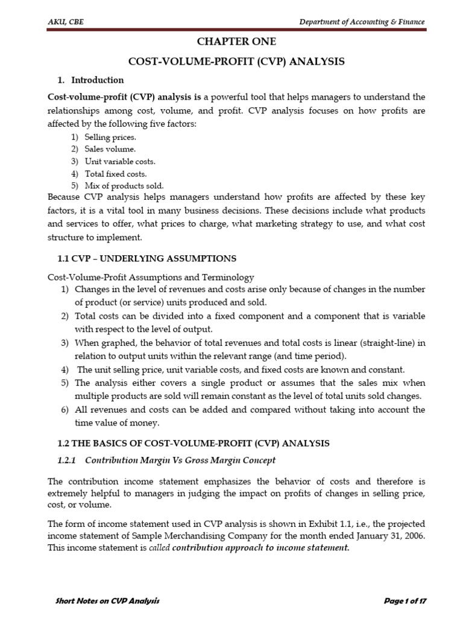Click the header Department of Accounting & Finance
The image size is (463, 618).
click(362, 22)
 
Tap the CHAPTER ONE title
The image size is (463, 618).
click(236, 42)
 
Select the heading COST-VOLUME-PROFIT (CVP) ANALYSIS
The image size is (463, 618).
click(236, 61)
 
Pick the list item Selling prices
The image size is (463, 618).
click(106, 138)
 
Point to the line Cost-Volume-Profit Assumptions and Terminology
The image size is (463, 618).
click(151, 277)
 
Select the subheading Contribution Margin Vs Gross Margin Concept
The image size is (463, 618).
click(180, 460)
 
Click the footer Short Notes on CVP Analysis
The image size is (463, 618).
click(107, 601)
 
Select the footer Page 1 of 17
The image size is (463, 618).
click(405, 601)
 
